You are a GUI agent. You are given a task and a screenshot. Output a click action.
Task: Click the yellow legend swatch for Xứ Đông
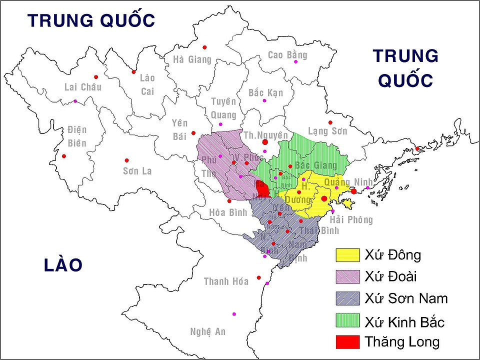tap(347, 255)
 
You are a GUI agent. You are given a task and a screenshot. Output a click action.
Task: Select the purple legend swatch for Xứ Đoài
tap(347, 276)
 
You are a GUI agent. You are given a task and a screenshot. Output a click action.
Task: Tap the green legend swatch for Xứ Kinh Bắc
tap(347, 320)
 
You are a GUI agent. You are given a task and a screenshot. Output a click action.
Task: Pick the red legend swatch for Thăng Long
tap(347, 342)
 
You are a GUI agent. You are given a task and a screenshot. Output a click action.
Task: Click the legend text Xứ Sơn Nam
tap(406, 299)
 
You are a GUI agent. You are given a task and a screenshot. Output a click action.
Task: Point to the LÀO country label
tap(62, 265)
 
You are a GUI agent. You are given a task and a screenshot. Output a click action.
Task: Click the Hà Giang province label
tap(192, 59)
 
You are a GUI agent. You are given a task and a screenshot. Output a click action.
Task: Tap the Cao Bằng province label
tap(287, 55)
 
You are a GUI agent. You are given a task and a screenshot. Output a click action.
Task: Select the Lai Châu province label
tap(83, 87)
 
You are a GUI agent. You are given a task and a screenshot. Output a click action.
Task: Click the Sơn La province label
tap(137, 171)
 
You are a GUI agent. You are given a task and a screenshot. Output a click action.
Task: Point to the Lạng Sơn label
tap(327, 131)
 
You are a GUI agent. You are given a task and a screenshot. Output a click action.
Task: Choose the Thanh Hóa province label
tap(226, 281)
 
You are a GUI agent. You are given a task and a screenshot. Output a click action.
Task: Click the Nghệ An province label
tap(208, 331)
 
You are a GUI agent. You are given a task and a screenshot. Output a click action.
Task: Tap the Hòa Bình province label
tap(228, 212)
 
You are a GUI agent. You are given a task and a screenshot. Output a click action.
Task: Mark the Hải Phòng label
tap(351, 220)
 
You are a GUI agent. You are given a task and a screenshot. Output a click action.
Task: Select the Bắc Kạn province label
tap(265, 93)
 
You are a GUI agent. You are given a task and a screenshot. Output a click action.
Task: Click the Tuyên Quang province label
tap(223, 108)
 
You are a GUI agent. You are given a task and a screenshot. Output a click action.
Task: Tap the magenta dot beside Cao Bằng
tap(296, 61)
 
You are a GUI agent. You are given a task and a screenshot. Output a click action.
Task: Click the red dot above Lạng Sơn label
tap(330, 122)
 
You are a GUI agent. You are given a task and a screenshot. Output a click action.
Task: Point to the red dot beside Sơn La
tap(127, 160)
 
